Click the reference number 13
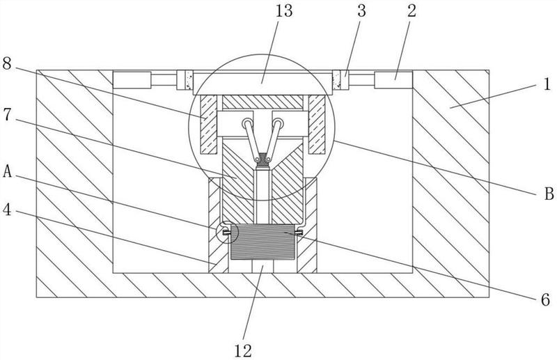click(284, 10)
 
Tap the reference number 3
click(361, 10)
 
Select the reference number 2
click(411, 10)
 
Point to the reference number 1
click(547, 84)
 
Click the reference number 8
click(7, 64)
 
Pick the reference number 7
click(7, 114)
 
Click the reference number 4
click(7, 210)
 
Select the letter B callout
click(549, 194)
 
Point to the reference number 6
click(546, 299)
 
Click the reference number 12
click(243, 351)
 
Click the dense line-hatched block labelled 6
click(262, 242)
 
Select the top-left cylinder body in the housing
click(132, 80)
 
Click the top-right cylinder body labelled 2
click(393, 80)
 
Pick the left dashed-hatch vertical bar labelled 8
click(208, 125)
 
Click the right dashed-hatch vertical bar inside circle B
click(317, 125)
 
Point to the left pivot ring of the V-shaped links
click(247, 124)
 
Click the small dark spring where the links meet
click(262, 159)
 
